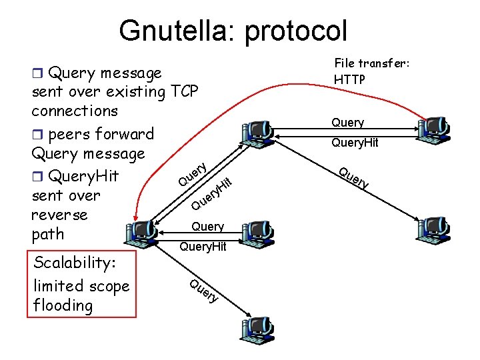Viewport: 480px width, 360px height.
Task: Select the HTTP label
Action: (351, 79)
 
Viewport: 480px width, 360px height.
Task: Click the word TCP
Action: (184, 91)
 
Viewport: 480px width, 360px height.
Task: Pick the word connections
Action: (75, 111)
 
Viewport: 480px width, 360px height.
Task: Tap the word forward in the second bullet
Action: (125, 134)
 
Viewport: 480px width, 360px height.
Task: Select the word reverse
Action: (59, 215)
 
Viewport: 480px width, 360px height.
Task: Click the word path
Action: (47, 234)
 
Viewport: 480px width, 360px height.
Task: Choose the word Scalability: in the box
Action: (74, 262)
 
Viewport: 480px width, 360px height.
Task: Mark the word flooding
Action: (63, 305)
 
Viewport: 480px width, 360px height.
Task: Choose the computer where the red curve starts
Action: (435, 128)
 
